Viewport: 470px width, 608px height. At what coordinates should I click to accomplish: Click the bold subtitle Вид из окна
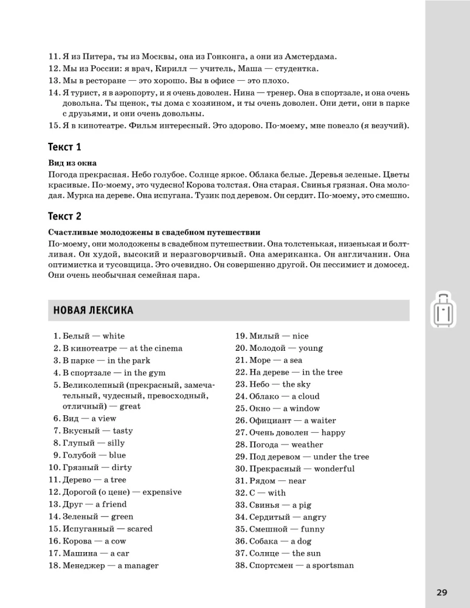pos(72,164)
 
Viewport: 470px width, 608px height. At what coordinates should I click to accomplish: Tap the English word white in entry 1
pos(114,336)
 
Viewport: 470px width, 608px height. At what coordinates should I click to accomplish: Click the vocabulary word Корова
pos(78,541)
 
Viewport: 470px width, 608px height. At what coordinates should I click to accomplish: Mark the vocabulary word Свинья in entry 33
pos(264,505)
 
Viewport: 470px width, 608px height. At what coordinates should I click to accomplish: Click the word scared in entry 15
pos(140,528)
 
